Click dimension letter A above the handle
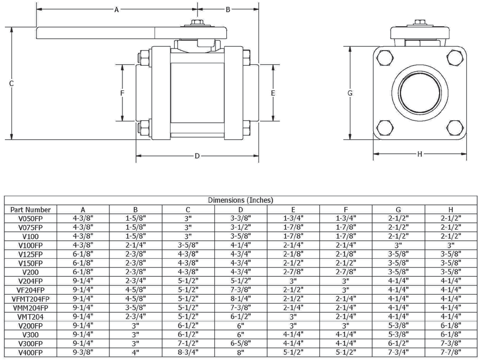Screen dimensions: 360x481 pos(116,10)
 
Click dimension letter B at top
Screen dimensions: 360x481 pos(228,10)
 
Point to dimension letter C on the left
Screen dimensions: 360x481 pos(11,83)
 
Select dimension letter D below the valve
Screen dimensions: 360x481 pos(197,156)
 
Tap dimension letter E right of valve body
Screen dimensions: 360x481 pos(273,93)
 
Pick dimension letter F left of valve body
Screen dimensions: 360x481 pos(122,93)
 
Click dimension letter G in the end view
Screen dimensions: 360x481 pos(350,93)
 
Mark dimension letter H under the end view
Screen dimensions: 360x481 pos(420,154)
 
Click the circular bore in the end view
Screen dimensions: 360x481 pos(420,92)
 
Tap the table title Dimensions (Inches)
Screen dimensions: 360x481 pos(240,200)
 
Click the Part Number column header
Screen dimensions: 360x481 pos(30,209)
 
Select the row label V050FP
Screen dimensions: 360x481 pos(30,218)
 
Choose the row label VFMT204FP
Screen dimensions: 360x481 pos(30,299)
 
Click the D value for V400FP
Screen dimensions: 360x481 pos(240,352)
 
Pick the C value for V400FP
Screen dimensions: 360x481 pos(188,352)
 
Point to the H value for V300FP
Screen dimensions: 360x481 pos(451,343)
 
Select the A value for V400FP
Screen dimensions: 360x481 pos(83,352)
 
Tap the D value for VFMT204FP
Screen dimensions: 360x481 pos(240,299)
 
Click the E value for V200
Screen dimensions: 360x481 pos(293,271)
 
